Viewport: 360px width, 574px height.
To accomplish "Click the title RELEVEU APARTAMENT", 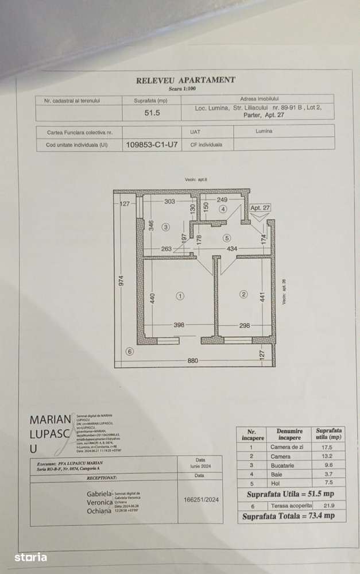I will (185, 80).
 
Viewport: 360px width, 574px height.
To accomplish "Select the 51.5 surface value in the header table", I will (152, 113).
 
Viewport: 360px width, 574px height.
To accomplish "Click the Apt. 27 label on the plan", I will (260, 207).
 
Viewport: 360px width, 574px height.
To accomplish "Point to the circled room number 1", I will (180, 296).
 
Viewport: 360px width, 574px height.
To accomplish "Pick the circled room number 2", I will (243, 295).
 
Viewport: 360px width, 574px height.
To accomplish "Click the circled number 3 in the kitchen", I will (166, 227).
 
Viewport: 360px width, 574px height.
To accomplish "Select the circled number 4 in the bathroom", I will (223, 209).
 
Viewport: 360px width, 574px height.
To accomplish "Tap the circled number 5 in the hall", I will (227, 237).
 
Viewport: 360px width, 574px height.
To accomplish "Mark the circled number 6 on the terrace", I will (129, 352).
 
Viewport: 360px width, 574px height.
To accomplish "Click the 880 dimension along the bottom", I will (193, 361).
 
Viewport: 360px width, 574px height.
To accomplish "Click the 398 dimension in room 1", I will (179, 325).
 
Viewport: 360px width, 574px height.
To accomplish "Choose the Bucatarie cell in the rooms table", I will (282, 465).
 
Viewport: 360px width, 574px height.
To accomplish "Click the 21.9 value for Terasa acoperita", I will (330, 505).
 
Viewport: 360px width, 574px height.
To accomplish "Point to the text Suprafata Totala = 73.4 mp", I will (292, 516).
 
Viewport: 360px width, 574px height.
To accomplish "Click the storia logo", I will (30, 557).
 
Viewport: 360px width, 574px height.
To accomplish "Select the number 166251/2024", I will (200, 500).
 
